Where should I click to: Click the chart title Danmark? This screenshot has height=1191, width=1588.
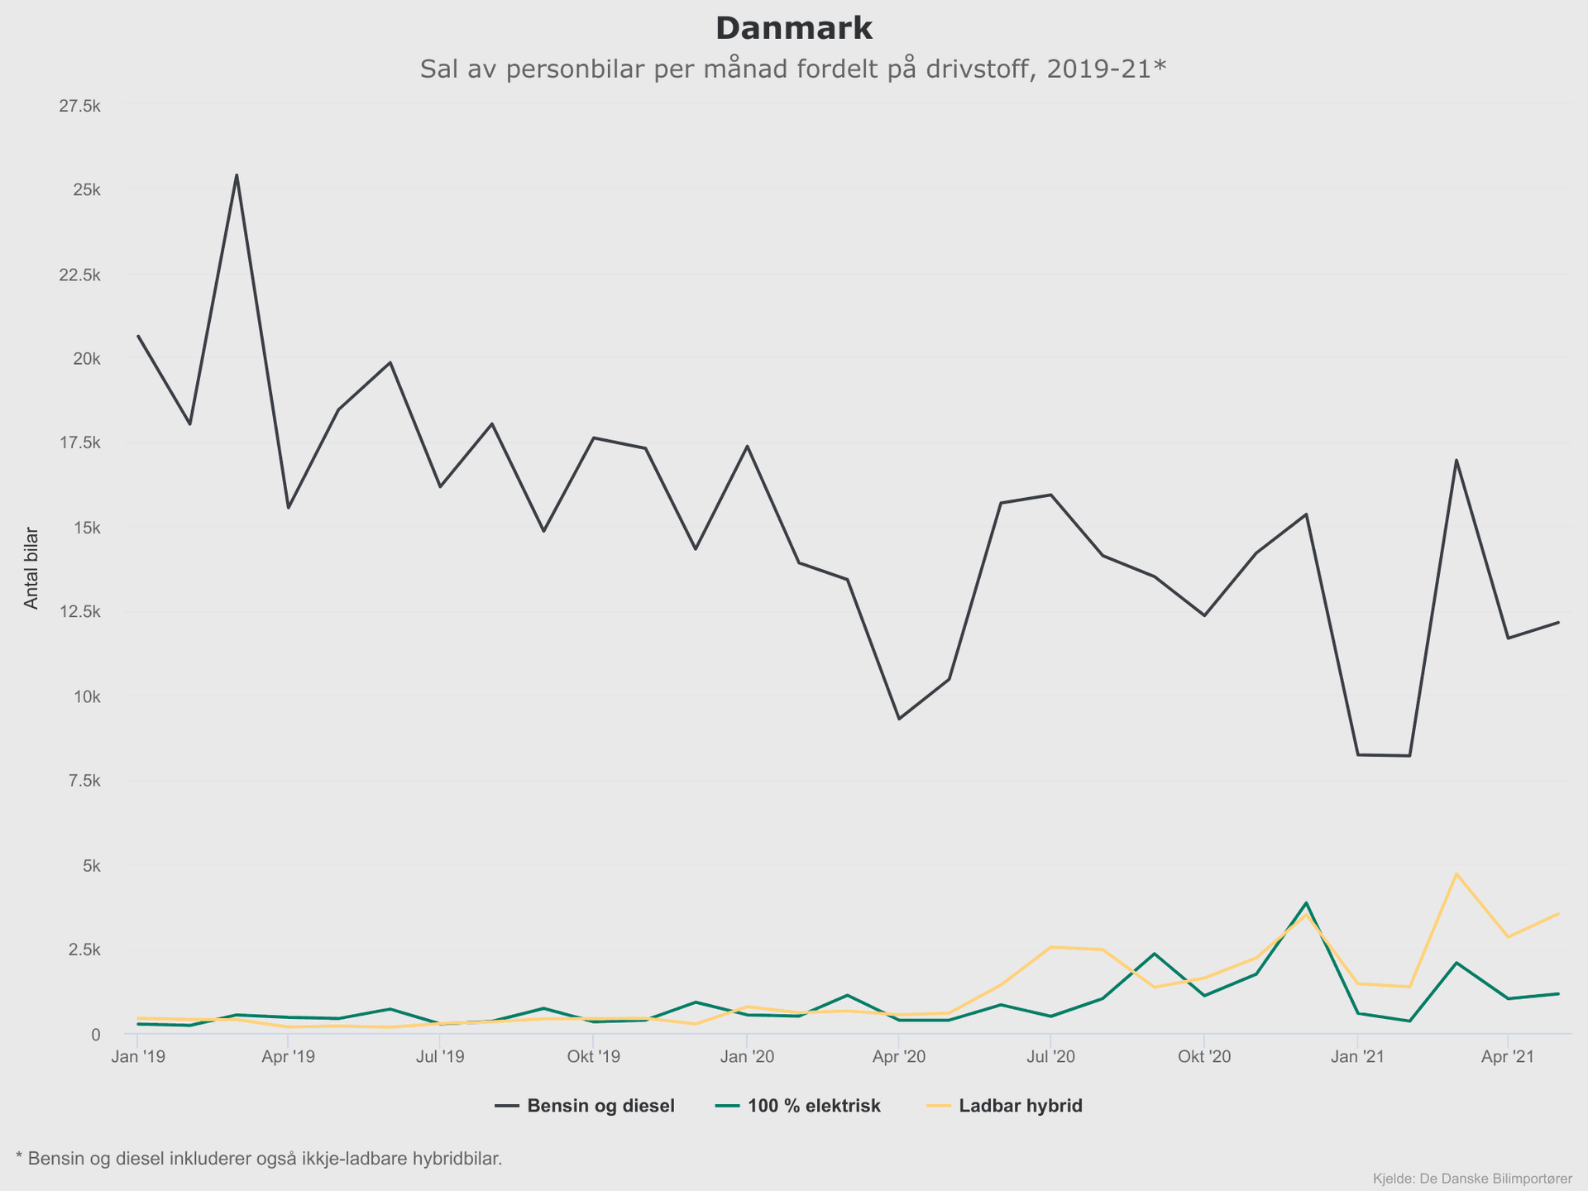tap(793, 29)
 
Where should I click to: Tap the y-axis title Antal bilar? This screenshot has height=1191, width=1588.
tap(31, 568)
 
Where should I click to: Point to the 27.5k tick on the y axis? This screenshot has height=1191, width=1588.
tap(79, 106)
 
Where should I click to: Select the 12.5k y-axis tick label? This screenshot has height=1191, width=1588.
tap(79, 612)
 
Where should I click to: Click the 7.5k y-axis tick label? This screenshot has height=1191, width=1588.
tap(83, 781)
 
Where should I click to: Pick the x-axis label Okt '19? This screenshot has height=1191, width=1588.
tap(593, 1057)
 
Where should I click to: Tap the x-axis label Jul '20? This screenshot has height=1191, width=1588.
tap(1050, 1057)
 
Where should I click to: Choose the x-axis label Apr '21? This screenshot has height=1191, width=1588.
tap(1508, 1057)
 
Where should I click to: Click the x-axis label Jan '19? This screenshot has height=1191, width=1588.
tap(137, 1057)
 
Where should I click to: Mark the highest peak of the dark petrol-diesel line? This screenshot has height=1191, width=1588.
tap(237, 175)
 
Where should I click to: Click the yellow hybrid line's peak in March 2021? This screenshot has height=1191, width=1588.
tap(1456, 874)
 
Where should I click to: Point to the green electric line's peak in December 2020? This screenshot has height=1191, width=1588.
tap(1306, 903)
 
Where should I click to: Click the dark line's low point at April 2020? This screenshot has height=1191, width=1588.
tap(899, 719)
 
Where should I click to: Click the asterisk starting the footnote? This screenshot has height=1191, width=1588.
tap(18, 1157)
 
